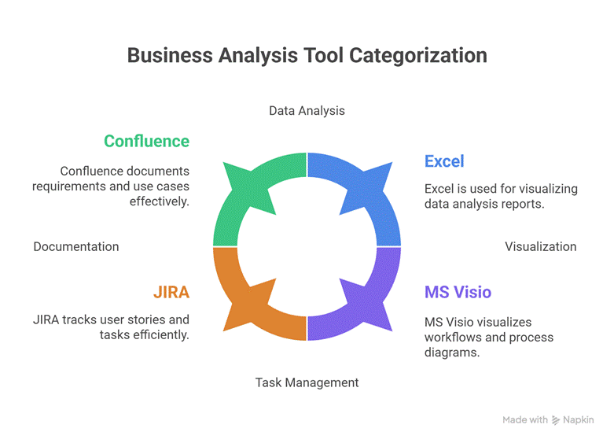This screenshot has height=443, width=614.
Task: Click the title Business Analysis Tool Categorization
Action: pos(307,56)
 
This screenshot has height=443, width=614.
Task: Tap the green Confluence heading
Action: pos(146,141)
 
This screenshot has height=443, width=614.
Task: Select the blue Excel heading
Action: pos(444,161)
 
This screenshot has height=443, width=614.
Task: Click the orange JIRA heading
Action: pos(171,292)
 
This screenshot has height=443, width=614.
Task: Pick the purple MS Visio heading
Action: pos(458,292)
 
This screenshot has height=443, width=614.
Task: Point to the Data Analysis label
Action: pos(307,110)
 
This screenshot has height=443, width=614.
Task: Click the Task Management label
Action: pos(307,382)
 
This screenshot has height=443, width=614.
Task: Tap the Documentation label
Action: pos(76,246)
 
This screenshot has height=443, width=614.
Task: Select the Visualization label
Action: pos(540,246)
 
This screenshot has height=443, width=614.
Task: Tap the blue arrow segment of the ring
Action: pos(362,197)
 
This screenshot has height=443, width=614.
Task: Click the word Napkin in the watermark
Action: pos(579,420)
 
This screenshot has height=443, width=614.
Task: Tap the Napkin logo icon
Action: pos(556,420)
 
